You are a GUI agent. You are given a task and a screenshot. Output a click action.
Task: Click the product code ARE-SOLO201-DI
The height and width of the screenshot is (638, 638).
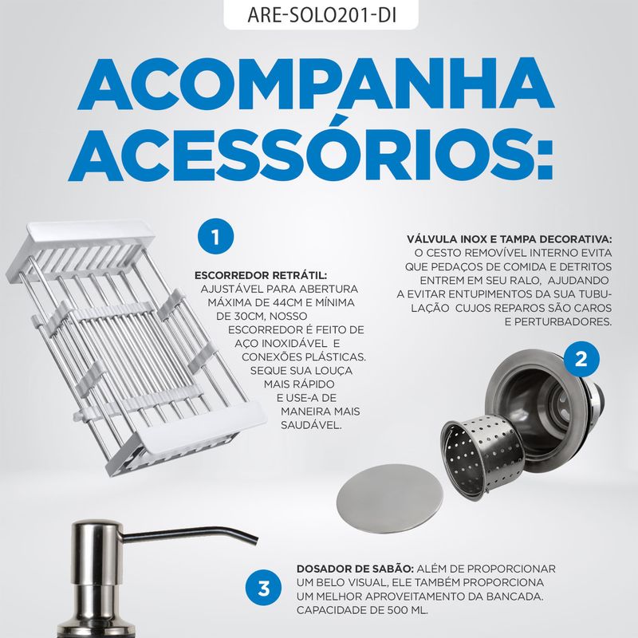(x=321, y=14)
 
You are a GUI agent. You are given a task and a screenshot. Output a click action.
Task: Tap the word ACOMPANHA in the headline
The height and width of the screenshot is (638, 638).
(x=316, y=85)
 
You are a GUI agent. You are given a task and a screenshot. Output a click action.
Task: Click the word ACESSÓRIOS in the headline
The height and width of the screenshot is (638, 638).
(x=311, y=155)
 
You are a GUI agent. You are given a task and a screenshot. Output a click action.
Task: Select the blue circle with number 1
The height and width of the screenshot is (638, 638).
(x=215, y=236)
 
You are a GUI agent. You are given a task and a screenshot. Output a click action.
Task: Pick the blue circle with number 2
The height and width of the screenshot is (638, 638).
(x=581, y=360)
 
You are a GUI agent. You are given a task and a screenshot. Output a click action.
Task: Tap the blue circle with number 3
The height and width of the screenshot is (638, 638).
(x=264, y=588)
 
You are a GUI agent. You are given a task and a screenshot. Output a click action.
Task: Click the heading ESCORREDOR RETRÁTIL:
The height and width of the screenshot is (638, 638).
(x=261, y=275)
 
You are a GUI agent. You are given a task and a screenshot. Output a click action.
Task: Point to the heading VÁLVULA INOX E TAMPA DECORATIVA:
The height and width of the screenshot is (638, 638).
(x=509, y=239)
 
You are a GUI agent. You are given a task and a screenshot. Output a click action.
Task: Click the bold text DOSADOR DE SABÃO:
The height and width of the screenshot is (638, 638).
(x=355, y=569)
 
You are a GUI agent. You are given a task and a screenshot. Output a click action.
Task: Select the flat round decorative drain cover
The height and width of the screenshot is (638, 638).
(x=389, y=493)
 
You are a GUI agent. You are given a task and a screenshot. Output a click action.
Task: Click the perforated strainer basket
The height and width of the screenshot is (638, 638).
(x=482, y=452)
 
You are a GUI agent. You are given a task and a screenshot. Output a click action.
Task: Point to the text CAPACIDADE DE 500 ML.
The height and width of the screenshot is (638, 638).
(x=362, y=610)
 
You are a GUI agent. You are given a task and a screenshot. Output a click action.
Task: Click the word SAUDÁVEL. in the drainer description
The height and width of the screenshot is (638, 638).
(x=311, y=425)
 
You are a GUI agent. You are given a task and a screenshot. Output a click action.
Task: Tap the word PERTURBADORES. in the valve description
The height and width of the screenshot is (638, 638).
(x=558, y=321)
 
